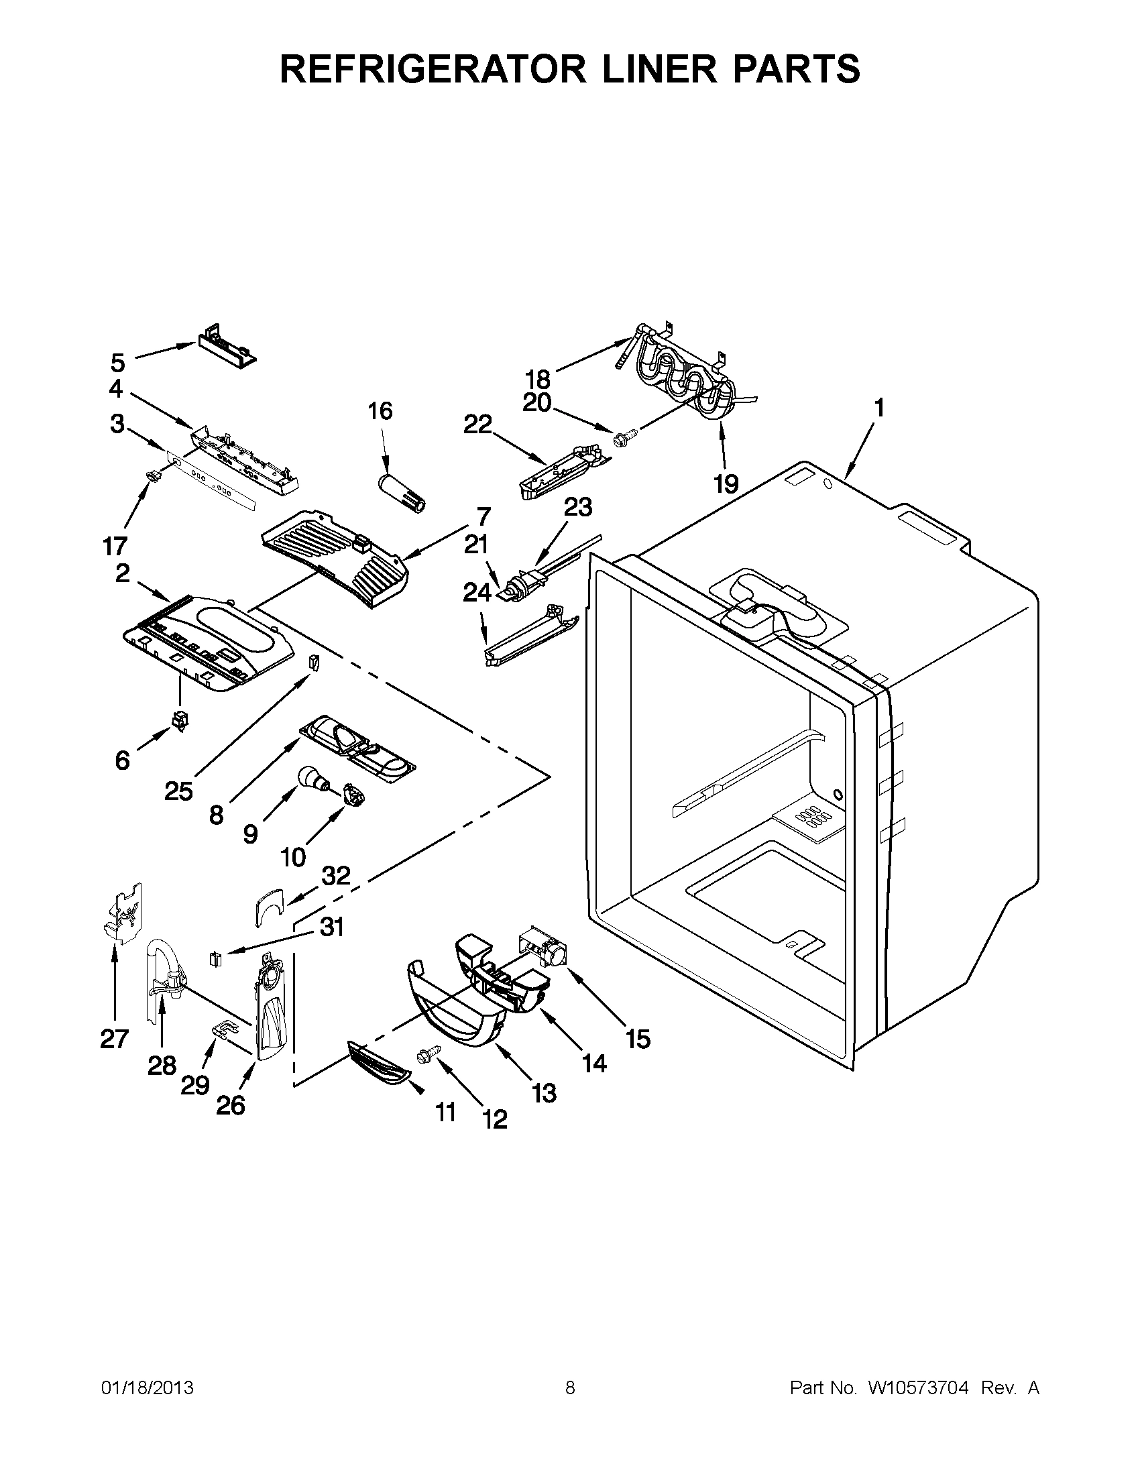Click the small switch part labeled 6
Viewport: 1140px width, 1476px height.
(179, 721)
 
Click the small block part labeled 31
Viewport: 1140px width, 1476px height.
(217, 959)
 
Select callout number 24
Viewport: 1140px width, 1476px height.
(477, 593)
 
